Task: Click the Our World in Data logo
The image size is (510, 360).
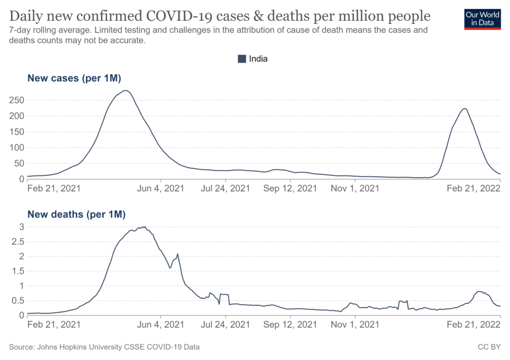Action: click(482, 18)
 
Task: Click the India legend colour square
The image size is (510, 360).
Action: click(242, 59)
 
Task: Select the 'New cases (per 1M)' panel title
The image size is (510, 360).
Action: click(74, 78)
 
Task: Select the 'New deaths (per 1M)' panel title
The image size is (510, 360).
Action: click(76, 215)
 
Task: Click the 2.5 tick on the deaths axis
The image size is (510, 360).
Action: click(17, 241)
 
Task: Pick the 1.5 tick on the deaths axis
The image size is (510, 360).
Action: click(17, 271)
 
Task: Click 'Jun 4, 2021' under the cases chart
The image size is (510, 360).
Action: click(160, 189)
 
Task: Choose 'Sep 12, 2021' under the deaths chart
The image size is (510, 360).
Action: click(290, 325)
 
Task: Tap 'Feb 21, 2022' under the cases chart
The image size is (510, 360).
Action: click(473, 189)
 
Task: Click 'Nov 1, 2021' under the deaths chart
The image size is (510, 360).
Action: click(355, 325)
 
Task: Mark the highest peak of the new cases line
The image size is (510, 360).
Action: click(127, 91)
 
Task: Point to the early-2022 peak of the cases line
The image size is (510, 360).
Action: click(464, 109)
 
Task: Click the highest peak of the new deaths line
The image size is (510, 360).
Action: click(144, 227)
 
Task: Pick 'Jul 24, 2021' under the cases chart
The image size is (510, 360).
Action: click(226, 189)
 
